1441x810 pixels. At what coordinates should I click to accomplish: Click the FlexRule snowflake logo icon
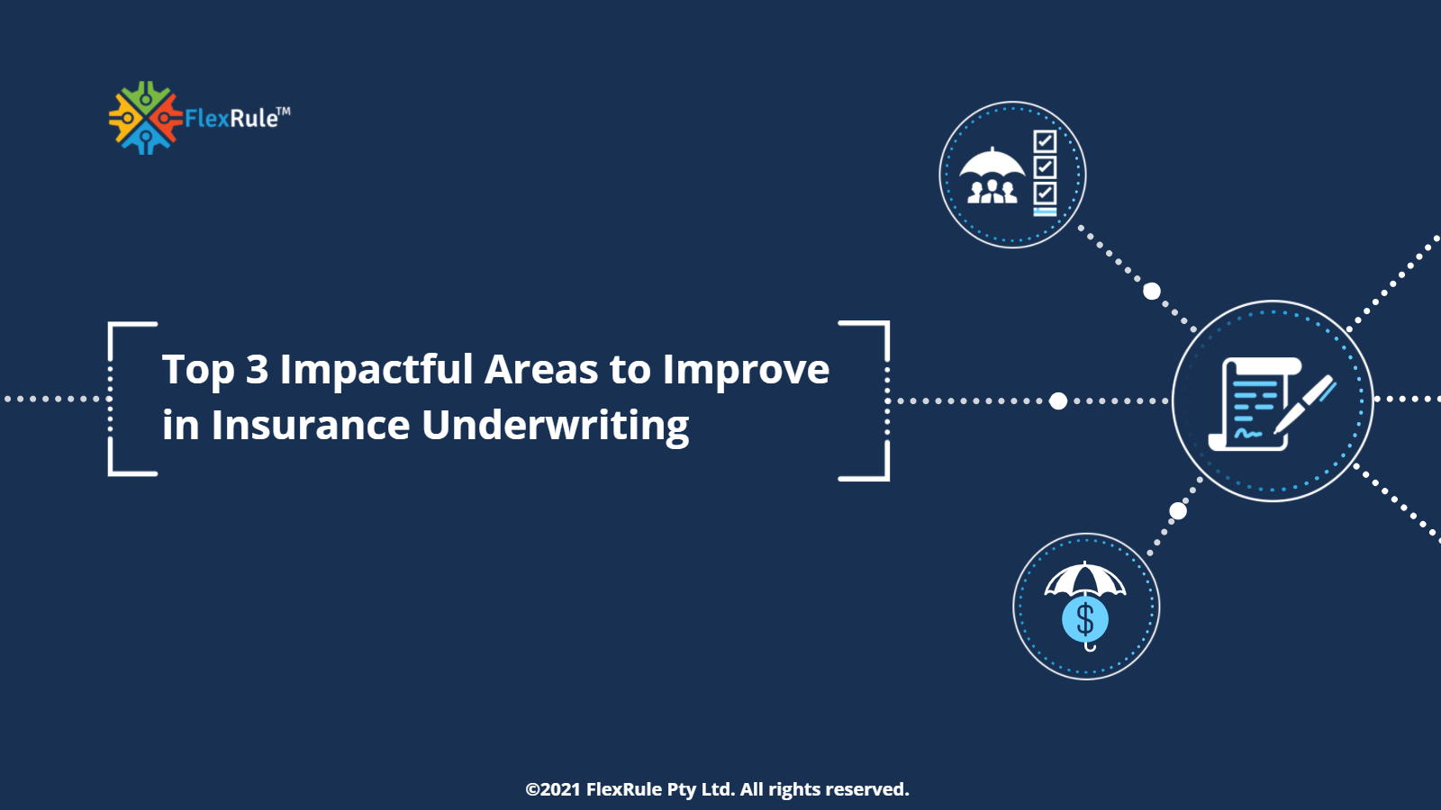click(145, 118)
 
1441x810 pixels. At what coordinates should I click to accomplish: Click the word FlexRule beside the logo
click(231, 119)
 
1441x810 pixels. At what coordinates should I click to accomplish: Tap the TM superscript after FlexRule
click(284, 112)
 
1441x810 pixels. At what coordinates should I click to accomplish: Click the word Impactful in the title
click(376, 370)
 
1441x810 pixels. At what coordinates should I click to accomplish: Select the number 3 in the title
click(257, 370)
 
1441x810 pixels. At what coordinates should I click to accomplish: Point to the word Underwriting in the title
click(555, 426)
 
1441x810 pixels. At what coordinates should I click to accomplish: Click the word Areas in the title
click(541, 370)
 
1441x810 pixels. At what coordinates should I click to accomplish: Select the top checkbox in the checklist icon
click(1045, 141)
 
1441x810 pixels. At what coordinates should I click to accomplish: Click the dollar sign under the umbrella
click(1085, 620)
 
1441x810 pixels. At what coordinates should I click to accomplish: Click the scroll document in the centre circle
click(1253, 403)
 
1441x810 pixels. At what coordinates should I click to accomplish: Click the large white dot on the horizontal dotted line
click(1058, 400)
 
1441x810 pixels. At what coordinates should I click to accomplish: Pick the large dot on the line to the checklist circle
click(1151, 291)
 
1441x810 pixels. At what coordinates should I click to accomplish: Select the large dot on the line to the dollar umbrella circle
click(1177, 511)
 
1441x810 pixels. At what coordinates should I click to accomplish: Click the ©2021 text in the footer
click(553, 789)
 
